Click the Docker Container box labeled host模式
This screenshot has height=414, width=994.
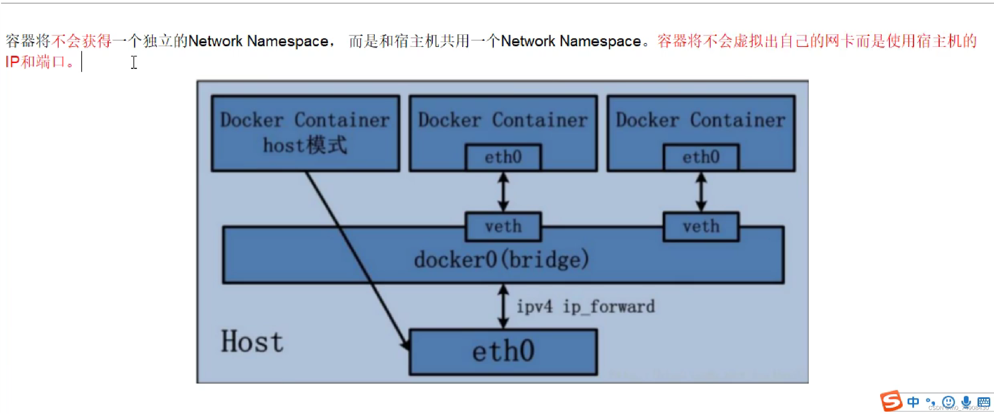pyautogui.click(x=305, y=133)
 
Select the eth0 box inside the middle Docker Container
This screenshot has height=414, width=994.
pyautogui.click(x=503, y=157)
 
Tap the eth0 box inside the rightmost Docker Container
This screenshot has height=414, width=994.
pyautogui.click(x=701, y=157)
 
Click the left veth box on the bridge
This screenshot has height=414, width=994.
pyautogui.click(x=503, y=226)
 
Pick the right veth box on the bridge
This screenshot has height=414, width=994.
pyautogui.click(x=701, y=226)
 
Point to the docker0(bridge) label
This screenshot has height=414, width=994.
pyautogui.click(x=502, y=260)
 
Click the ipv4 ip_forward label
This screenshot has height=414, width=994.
pyautogui.click(x=585, y=307)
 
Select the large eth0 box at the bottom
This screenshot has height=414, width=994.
pyautogui.click(x=503, y=352)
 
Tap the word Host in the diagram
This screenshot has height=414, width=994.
pyautogui.click(x=252, y=342)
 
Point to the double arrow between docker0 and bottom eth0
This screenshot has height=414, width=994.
pyautogui.click(x=503, y=307)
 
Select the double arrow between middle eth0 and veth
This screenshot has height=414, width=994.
pyautogui.click(x=503, y=192)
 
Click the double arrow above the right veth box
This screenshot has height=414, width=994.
pyautogui.click(x=701, y=192)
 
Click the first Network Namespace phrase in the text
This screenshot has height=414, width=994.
pyautogui.click(x=258, y=41)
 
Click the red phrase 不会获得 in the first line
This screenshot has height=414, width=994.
pyautogui.click(x=81, y=41)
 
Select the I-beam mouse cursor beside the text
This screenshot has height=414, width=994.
pyautogui.click(x=134, y=62)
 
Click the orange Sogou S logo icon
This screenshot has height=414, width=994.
pyautogui.click(x=891, y=401)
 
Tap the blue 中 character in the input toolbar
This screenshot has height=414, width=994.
pyautogui.click(x=913, y=402)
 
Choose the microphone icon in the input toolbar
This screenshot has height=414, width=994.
pyautogui.click(x=966, y=402)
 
